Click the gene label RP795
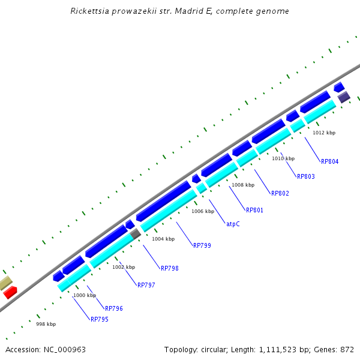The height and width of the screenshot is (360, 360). (100, 319)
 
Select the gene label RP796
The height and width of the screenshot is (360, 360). (114, 308)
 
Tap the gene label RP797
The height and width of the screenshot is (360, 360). (146, 285)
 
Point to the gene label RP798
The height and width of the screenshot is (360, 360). (170, 268)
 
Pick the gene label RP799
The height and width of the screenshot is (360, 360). (202, 245)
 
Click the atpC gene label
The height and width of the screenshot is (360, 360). (233, 224)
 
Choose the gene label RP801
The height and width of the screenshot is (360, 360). (254, 210)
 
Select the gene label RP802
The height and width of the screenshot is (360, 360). (280, 193)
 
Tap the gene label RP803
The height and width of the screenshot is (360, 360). (306, 176)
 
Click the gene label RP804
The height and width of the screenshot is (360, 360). (330, 161)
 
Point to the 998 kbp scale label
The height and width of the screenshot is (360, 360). (46, 324)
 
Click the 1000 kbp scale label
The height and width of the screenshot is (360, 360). (85, 295)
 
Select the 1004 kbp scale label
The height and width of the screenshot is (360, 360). (163, 239)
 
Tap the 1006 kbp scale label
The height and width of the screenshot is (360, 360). (203, 211)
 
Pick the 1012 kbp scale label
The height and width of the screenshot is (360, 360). (324, 133)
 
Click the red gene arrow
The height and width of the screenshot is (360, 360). (10, 292)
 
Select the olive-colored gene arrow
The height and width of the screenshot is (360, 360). (5, 283)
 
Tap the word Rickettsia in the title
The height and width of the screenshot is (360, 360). (90, 11)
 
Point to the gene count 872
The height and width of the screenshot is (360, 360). (347, 349)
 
